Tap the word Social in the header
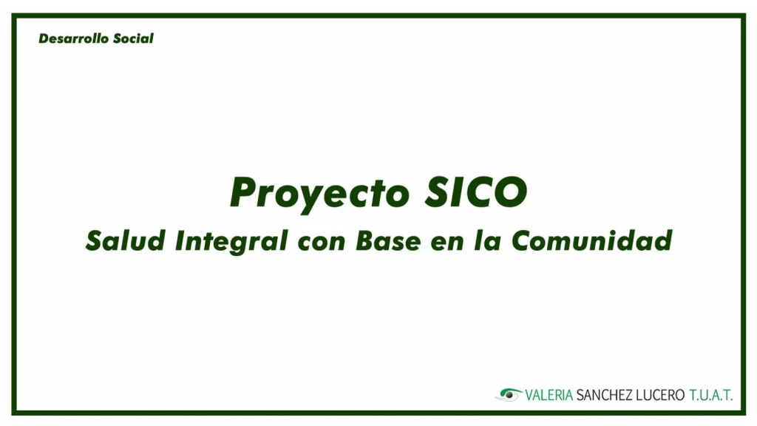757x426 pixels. [x=133, y=38]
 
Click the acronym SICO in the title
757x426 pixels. [x=476, y=192]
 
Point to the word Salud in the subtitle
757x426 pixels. [x=126, y=240]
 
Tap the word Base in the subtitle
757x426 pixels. [x=388, y=240]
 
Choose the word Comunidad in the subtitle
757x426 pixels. [x=592, y=240]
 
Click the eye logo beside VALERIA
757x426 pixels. [x=509, y=395]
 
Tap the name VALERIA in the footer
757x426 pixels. [x=549, y=395]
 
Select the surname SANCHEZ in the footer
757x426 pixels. [x=605, y=395]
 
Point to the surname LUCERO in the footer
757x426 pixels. [x=660, y=395]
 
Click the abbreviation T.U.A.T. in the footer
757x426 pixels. [x=711, y=395]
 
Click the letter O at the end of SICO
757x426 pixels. [x=510, y=192]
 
